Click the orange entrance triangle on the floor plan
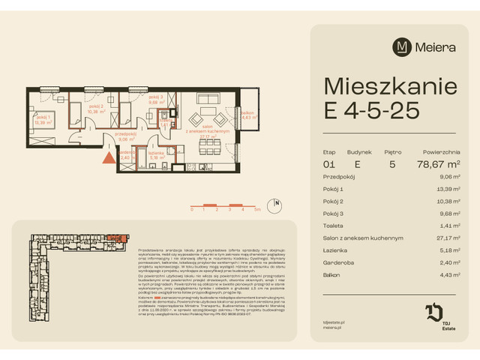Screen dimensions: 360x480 (109, 157)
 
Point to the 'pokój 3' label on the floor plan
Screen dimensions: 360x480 (155, 97)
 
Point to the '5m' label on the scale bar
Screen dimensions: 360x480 (257, 211)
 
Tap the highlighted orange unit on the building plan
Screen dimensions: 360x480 (110, 238)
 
